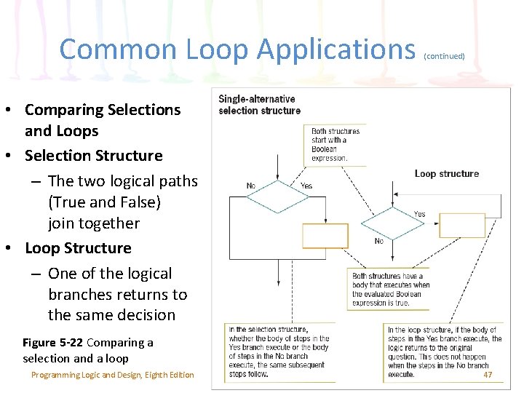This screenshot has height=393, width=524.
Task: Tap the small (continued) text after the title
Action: (x=443, y=55)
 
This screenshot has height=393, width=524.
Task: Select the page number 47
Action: (x=488, y=374)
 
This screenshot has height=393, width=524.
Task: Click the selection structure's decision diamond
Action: (x=278, y=196)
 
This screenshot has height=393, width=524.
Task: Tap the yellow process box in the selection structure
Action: (x=325, y=236)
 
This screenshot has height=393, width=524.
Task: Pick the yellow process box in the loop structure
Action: (x=462, y=225)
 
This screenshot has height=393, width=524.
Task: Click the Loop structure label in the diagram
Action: (x=447, y=173)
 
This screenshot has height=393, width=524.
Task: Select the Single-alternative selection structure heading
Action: (x=259, y=105)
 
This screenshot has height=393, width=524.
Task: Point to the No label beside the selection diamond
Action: (x=251, y=186)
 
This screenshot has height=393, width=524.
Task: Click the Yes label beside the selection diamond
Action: (x=306, y=186)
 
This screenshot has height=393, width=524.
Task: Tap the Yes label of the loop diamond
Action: (x=420, y=214)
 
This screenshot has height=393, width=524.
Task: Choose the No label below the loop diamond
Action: (x=378, y=241)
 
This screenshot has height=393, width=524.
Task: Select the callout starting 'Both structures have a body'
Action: (x=391, y=289)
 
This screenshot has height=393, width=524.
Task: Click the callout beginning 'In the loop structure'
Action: (x=444, y=352)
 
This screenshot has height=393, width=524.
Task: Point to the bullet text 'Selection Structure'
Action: (x=93, y=156)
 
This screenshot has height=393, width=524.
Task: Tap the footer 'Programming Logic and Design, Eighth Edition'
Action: (x=113, y=375)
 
